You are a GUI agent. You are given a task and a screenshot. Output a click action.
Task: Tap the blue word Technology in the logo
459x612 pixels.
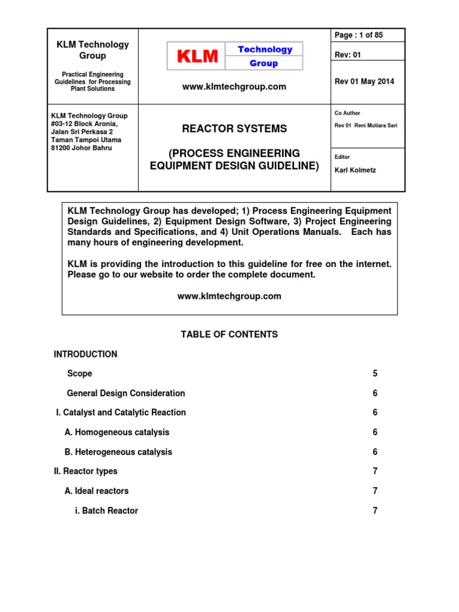265,50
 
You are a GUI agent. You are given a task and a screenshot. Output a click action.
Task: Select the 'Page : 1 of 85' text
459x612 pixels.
359,35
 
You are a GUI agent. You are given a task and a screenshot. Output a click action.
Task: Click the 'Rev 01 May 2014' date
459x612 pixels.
364,82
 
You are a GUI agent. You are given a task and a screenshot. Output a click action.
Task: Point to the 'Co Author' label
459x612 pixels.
347,113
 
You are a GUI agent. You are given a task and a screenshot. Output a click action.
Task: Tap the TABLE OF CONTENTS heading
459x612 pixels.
229,335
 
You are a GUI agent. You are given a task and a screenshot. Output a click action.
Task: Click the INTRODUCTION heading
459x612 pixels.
85,354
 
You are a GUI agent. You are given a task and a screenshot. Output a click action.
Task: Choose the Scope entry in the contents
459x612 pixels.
79,374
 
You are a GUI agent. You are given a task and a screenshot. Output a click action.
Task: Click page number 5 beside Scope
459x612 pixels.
375,374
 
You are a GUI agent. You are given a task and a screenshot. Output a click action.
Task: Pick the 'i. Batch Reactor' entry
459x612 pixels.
106,511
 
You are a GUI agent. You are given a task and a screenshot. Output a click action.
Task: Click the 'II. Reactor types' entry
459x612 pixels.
85,472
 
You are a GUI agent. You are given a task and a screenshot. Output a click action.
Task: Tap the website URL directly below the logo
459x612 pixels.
234,87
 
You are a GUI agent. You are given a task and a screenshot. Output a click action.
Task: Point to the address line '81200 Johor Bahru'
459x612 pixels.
81,148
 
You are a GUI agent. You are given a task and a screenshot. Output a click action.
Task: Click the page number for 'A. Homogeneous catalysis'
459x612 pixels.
375,432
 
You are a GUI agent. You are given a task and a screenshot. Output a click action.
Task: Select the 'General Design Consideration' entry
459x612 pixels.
126,393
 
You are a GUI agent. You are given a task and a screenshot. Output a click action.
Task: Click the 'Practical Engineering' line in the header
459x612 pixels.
93,74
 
